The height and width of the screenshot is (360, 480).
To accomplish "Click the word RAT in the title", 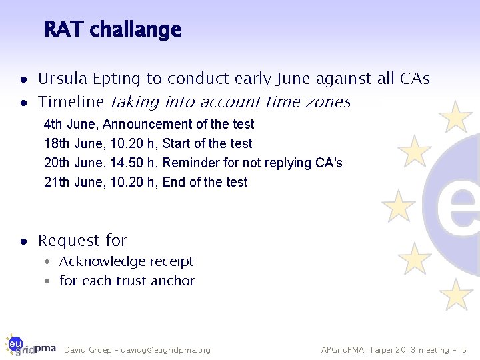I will [64, 30].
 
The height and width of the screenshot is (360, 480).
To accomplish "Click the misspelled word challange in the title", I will [135, 30].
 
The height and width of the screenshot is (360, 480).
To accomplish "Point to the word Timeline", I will [71, 102].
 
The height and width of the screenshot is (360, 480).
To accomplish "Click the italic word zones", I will [327, 102].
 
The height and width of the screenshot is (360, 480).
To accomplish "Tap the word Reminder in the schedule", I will [189, 163].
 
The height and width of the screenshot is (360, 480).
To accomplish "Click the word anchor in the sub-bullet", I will [173, 281].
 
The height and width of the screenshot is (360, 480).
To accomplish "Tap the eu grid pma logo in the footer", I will [29, 345].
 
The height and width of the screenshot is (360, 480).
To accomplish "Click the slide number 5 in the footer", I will [465, 350].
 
